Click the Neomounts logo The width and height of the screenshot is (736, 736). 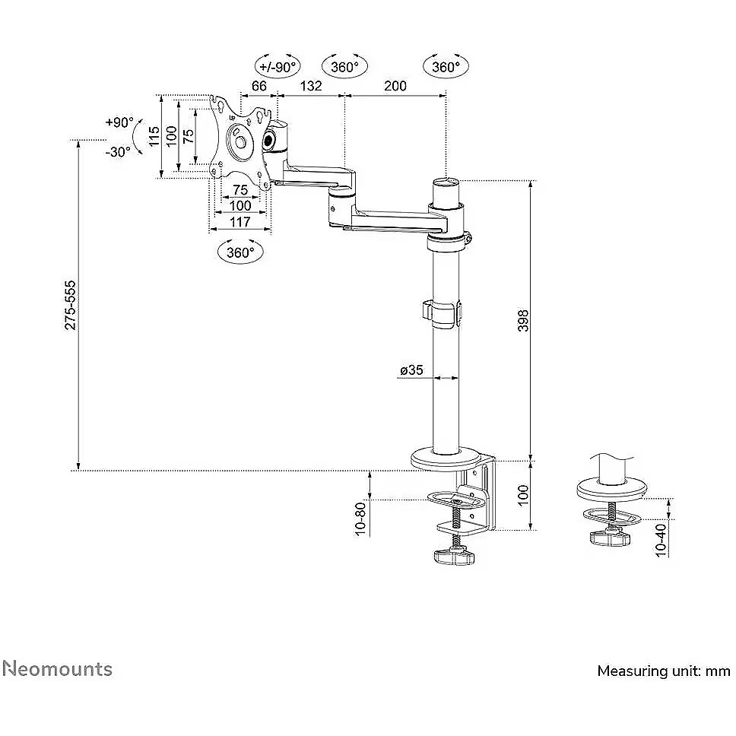[x=57, y=669]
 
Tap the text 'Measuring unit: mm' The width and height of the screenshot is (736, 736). [x=664, y=671]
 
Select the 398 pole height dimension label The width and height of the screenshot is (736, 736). [x=523, y=321]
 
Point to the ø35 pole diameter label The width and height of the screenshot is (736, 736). [x=411, y=370]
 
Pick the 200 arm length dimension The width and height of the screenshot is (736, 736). [x=395, y=86]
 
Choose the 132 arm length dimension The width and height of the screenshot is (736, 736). [x=311, y=86]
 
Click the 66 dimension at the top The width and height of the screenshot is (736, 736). [x=259, y=86]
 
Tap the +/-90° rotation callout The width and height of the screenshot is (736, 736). [x=278, y=67]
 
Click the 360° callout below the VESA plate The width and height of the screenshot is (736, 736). [x=240, y=252]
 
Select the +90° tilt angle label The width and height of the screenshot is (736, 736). [x=119, y=122]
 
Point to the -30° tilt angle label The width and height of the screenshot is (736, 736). [x=119, y=152]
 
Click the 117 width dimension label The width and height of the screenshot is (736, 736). [x=240, y=221]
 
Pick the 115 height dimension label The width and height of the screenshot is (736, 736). [x=154, y=136]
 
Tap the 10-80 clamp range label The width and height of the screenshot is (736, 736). [x=360, y=519]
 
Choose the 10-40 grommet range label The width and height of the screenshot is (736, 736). [x=661, y=541]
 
